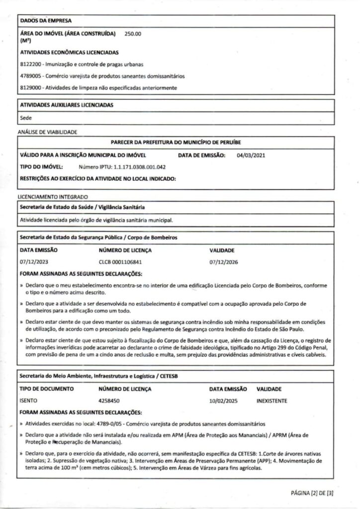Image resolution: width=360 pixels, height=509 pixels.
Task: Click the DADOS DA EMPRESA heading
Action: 45,21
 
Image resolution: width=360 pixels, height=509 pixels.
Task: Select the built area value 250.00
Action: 133,34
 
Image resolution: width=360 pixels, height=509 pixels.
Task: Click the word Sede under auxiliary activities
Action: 26,118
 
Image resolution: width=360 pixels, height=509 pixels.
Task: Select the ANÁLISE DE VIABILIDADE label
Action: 47,132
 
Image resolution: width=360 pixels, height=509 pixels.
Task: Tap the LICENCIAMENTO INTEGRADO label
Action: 53,197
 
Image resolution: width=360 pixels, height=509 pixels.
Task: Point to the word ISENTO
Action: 28,401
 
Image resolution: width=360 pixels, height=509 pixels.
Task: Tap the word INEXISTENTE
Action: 272,401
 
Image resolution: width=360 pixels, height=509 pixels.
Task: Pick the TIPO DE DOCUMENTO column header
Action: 46,389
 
